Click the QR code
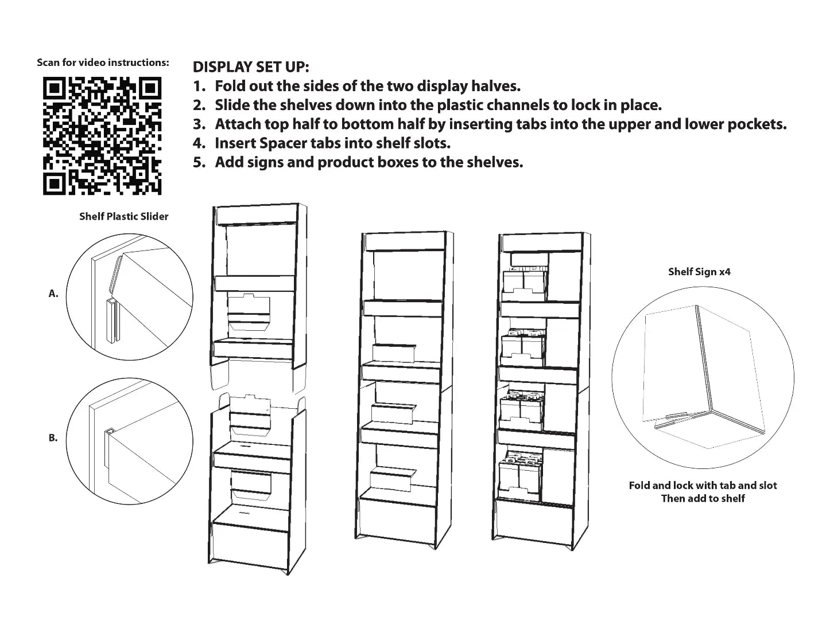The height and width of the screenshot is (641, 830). pos(102,136)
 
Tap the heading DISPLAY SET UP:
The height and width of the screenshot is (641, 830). pos(251,67)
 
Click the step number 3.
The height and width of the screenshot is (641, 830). pos(199,124)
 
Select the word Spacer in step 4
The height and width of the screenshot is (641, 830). pos(283,144)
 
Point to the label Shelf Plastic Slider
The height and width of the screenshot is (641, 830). pos(124,216)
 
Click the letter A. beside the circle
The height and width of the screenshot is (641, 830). pos(53,294)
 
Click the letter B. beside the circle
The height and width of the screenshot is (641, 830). pos(53,437)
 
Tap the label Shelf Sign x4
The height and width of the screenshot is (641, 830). pos(699,272)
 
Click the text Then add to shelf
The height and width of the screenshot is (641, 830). pos(703,498)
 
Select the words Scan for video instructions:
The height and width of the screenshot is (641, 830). pos(103,62)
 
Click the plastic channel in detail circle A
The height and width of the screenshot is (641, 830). pos(113,320)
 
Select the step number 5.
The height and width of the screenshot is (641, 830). pos(199,162)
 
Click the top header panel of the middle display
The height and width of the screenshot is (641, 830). pos(405,241)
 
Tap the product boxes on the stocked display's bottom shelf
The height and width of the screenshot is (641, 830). pos(520,477)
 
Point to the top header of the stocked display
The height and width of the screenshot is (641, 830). pos(542,243)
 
